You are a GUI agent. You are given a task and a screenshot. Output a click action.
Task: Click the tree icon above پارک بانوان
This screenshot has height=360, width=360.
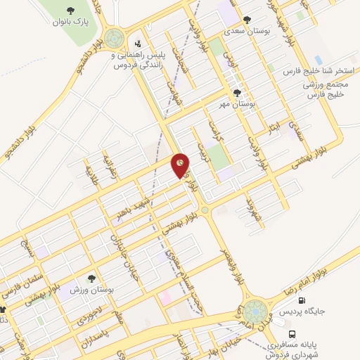[70, 10]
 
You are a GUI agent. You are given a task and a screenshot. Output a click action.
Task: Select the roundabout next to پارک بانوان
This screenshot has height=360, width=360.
[113, 38]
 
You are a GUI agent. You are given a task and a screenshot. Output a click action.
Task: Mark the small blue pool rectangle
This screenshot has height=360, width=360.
[319, 60]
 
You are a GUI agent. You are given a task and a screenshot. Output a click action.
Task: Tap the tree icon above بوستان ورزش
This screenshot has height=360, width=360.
[91, 278]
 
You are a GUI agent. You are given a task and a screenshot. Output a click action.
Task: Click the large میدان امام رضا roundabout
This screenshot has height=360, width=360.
[256, 310]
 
